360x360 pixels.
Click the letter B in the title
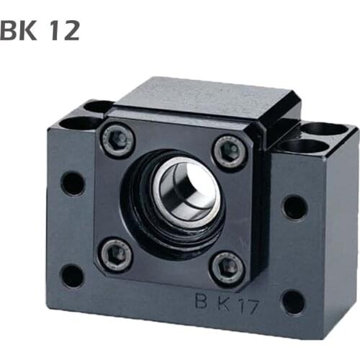click(x=8, y=30)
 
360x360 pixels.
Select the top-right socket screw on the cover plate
click(x=230, y=150)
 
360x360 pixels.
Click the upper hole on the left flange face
click(x=73, y=183)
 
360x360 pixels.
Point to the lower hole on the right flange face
click(x=292, y=301)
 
